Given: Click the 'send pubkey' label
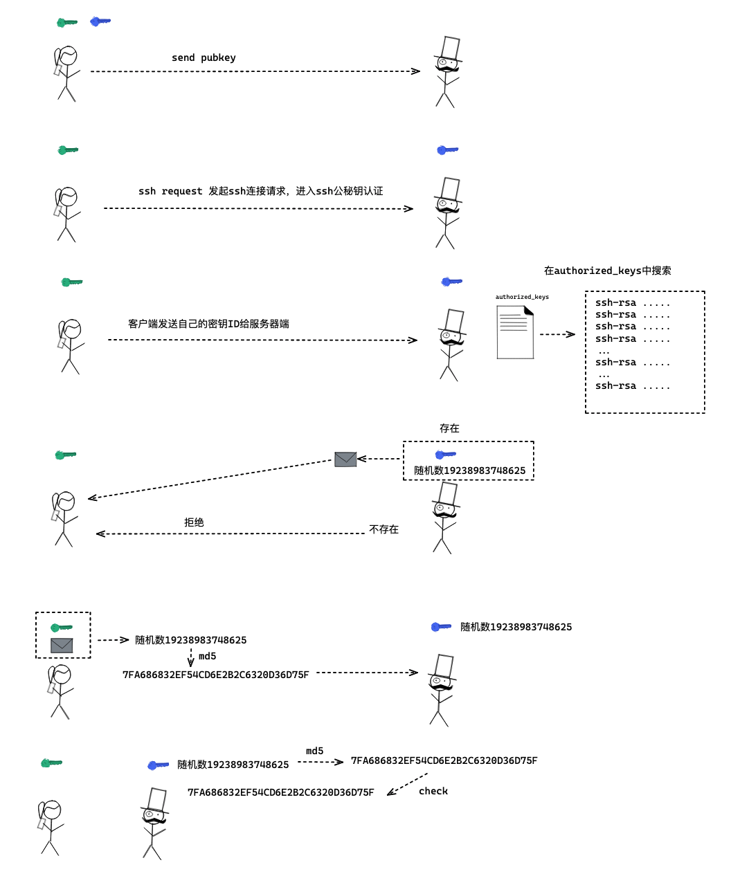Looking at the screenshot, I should [x=204, y=57].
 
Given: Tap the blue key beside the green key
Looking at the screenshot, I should [x=100, y=21].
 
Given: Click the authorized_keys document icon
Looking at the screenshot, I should [x=515, y=332].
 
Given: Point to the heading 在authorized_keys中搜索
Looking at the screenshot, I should [x=607, y=271].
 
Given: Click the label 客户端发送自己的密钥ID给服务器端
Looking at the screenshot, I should [x=208, y=324].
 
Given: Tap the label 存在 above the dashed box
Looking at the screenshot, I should [x=449, y=428].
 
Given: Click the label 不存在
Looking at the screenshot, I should [x=383, y=529].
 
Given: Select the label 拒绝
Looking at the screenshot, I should [x=194, y=522].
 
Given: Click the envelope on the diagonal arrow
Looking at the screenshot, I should [x=345, y=459].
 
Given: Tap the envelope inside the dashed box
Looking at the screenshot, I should [x=62, y=645].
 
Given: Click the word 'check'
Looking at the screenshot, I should [x=433, y=791].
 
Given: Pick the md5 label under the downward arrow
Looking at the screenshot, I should [x=207, y=656].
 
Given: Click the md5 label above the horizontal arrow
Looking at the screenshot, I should [x=314, y=751].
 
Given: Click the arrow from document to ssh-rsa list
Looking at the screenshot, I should [x=557, y=334].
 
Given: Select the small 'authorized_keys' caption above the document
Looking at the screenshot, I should [x=522, y=297].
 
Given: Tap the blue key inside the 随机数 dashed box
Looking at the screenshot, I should [x=445, y=455].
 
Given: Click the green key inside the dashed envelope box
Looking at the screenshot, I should [x=61, y=628].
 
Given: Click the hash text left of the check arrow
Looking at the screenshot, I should [x=280, y=792].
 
